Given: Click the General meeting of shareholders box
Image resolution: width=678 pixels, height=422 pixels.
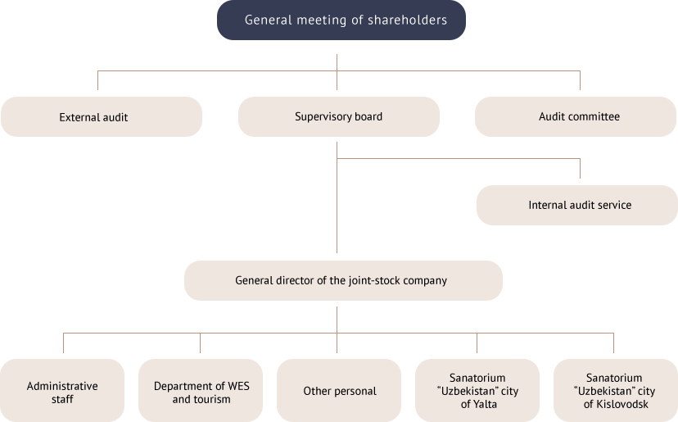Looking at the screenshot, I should [x=341, y=20].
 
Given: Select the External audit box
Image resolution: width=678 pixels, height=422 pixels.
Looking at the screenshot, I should [x=102, y=117].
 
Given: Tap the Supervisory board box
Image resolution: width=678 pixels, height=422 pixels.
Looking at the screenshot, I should [x=338, y=117].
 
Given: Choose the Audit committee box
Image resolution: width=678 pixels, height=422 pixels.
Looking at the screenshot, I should [x=575, y=117].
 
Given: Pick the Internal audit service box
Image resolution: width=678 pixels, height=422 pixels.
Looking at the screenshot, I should [x=576, y=205].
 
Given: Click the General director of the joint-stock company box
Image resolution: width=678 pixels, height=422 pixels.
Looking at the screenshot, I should [x=342, y=280].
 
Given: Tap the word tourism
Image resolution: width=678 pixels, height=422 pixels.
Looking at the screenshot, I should [x=212, y=399].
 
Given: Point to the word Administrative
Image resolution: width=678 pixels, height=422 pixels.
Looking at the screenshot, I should [x=62, y=386].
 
